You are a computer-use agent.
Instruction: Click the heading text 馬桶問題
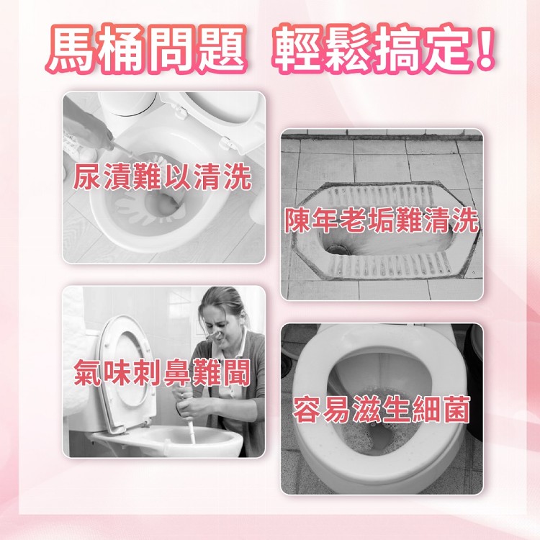click(147, 48)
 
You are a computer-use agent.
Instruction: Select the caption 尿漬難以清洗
click(162, 176)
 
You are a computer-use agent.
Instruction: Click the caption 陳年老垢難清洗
click(382, 220)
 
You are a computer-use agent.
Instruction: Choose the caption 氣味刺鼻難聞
click(162, 373)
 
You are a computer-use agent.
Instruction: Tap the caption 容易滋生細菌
click(382, 410)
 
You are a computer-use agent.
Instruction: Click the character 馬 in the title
click(71, 48)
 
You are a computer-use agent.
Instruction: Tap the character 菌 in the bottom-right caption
click(456, 410)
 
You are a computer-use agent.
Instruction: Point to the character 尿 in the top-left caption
click(87, 176)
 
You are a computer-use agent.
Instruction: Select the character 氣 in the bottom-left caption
click(88, 373)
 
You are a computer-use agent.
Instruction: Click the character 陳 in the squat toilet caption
click(298, 220)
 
